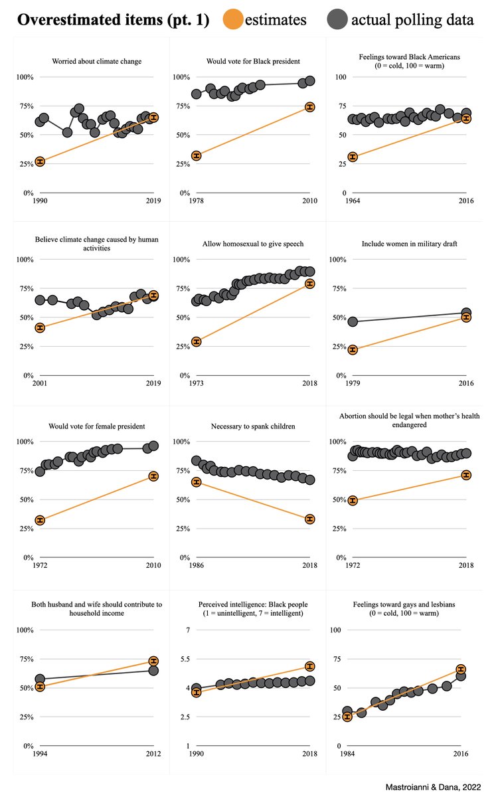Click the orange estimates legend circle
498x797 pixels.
point(233,19)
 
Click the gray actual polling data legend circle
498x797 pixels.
point(337,19)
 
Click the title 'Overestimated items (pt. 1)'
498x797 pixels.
point(113,19)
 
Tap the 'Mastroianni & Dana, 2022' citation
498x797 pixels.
point(433,787)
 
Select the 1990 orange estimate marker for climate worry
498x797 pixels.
point(40,162)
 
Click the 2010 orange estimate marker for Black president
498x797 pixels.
point(310,107)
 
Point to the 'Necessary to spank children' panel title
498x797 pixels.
point(253,426)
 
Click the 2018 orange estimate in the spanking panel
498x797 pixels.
point(310,519)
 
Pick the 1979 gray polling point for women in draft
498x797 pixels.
point(353,322)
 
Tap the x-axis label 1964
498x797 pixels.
point(353,201)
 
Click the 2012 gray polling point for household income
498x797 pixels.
point(153,671)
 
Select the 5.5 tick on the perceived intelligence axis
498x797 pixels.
point(185,659)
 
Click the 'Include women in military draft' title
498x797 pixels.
point(410,244)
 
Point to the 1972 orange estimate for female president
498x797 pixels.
point(40,521)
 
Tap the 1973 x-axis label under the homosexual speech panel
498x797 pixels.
point(196,383)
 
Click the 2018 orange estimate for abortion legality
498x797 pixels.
point(466,476)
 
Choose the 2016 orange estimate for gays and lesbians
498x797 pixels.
point(461,669)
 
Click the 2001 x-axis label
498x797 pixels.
point(40,383)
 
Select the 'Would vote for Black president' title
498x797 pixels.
point(253,61)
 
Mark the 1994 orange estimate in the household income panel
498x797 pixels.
point(40,686)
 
